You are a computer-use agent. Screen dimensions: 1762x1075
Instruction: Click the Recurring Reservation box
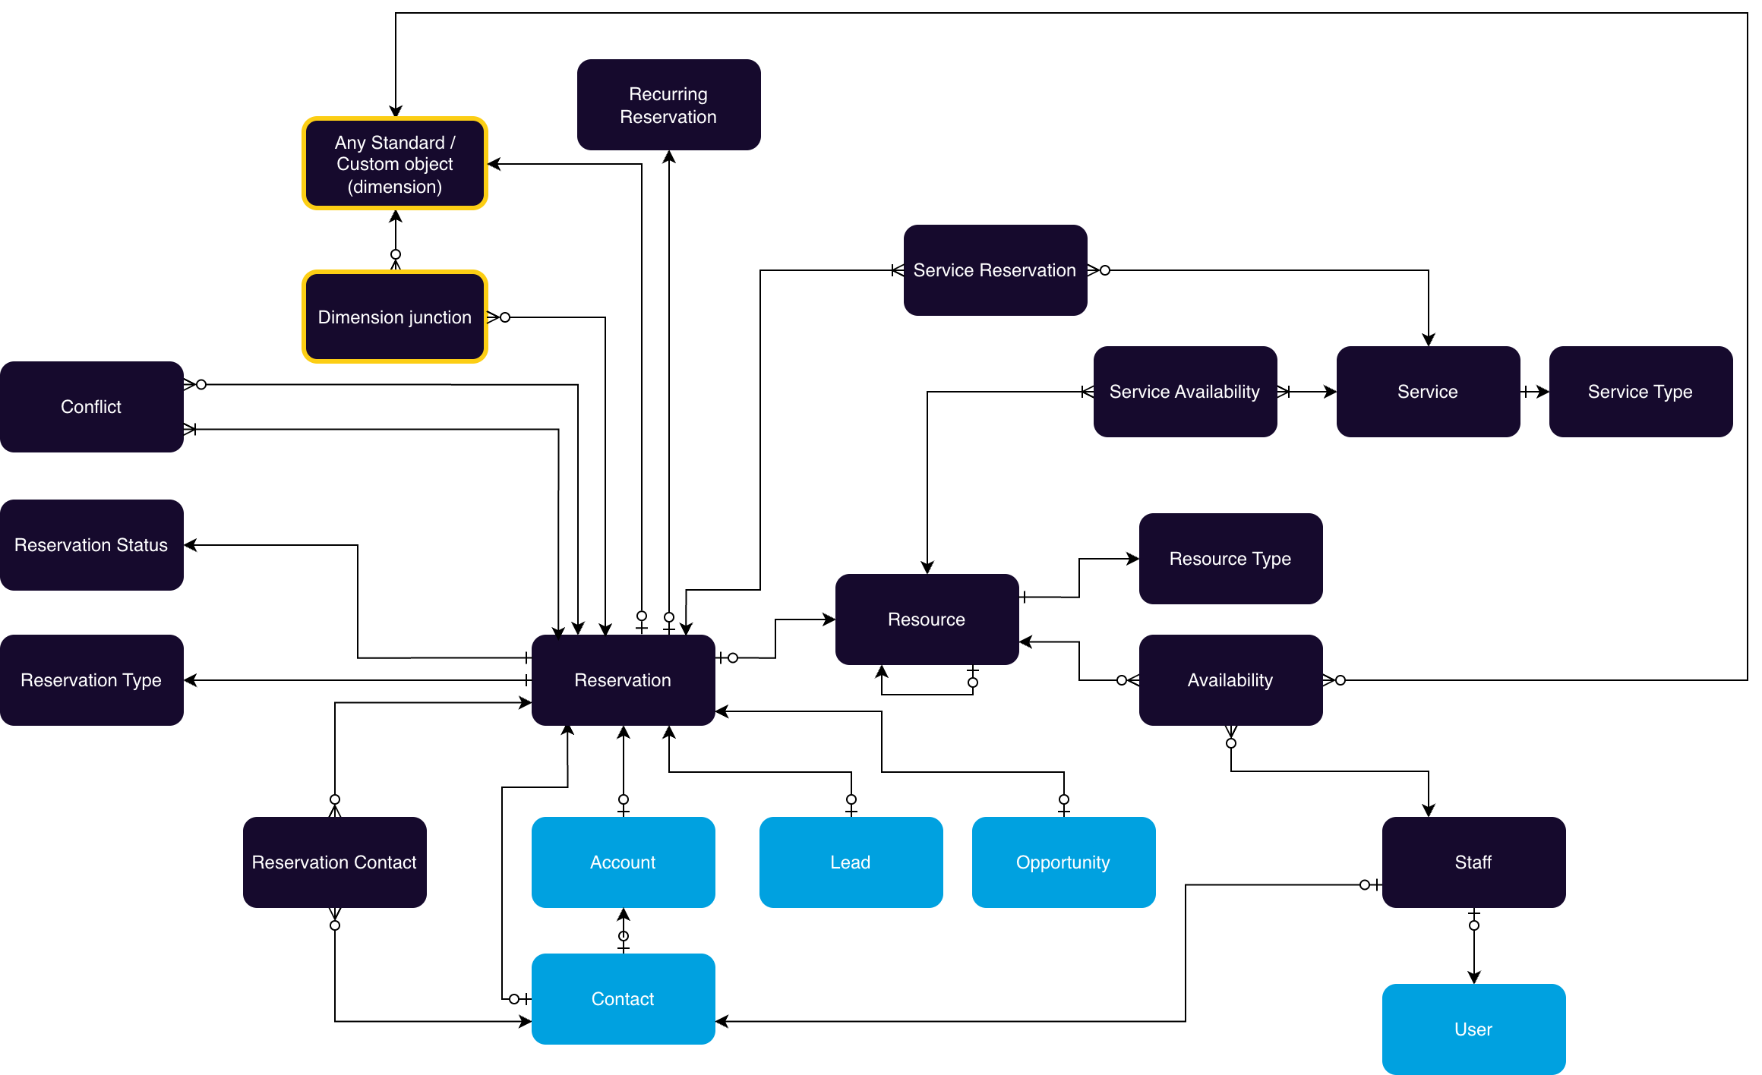click(x=668, y=105)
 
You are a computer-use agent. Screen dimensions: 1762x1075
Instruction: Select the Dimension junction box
click(x=395, y=317)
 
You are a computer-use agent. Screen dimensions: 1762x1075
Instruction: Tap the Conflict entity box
click(x=91, y=407)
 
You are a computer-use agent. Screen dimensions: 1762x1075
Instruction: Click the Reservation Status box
click(x=91, y=545)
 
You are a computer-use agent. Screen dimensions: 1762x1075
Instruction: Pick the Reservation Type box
click(x=91, y=680)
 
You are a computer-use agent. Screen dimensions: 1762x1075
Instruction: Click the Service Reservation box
click(x=995, y=270)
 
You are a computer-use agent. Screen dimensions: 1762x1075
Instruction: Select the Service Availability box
click(x=1185, y=392)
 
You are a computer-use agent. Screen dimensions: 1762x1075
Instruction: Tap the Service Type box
click(x=1640, y=392)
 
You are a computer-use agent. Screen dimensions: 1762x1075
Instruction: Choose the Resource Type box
click(x=1230, y=559)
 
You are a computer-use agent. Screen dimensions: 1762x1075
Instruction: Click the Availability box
click(x=1230, y=680)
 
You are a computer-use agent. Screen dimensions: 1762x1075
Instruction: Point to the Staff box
click(x=1473, y=862)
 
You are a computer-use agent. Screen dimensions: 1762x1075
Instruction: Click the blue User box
click(x=1473, y=1029)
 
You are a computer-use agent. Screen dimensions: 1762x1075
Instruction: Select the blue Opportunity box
click(x=1063, y=862)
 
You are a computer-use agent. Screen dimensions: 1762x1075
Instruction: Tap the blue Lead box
click(x=851, y=862)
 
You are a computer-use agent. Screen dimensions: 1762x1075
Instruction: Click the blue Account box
click(x=623, y=862)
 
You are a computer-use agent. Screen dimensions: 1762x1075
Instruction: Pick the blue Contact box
click(x=623, y=999)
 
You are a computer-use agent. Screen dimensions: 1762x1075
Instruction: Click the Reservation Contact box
click(x=334, y=862)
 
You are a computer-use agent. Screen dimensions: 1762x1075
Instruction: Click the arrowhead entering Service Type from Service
click(x=1543, y=392)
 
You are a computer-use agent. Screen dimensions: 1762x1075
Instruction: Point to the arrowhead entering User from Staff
click(x=1474, y=978)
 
